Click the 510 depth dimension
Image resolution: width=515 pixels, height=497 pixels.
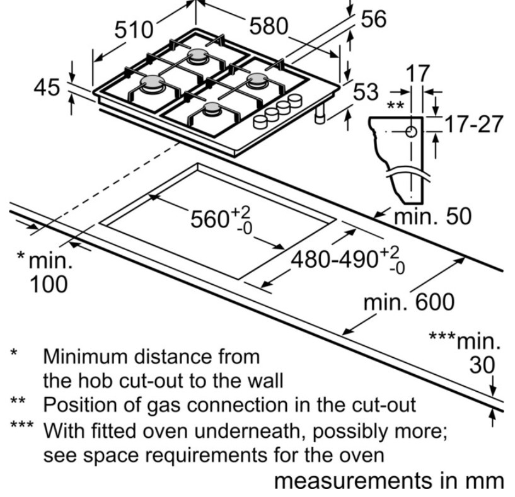pos(134,30)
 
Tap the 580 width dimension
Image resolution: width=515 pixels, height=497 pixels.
pos(269,26)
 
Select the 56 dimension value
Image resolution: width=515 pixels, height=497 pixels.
pos(373,19)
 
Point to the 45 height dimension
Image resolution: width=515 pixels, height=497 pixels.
pos(47,88)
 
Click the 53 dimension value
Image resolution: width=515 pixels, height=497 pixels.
pos(366,91)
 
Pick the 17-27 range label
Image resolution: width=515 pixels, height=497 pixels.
pos(473,123)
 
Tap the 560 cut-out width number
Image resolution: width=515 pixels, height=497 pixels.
pos(210,219)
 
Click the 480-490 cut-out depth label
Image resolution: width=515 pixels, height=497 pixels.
pos(334,260)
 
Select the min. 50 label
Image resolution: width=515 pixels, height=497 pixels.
pos(432,216)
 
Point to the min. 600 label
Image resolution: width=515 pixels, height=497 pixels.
pos(409,302)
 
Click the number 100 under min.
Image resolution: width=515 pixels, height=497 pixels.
pos(49,284)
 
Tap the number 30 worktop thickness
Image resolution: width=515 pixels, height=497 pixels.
pos(482,365)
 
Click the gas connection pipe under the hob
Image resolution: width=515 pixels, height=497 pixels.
pos(320,113)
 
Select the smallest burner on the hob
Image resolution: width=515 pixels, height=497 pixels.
pos(212,109)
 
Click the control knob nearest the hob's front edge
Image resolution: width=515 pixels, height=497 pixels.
pos(260,122)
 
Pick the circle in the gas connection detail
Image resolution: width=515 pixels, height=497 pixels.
pos(411,132)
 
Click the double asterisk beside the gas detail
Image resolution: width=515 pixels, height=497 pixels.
pos(395,105)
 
